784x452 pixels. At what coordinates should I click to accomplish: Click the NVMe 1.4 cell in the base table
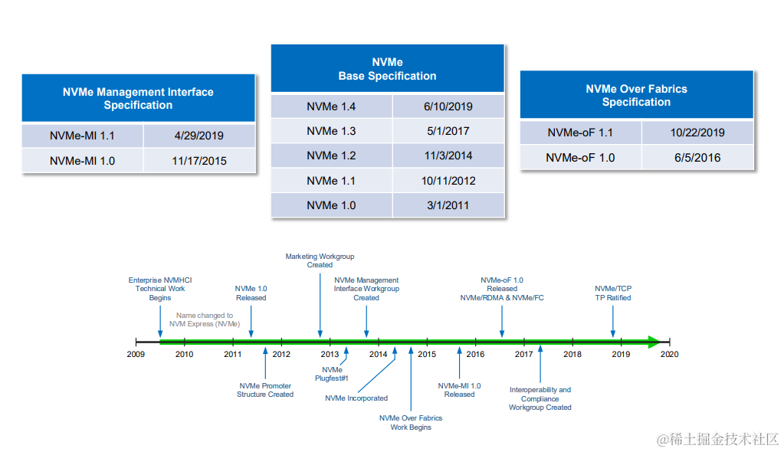click(331, 106)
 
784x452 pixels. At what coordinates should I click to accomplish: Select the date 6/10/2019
click(448, 106)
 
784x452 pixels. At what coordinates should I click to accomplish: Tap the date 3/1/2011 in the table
click(448, 205)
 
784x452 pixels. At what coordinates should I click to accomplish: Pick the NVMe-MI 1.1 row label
click(82, 136)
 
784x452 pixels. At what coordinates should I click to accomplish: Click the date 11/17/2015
click(198, 161)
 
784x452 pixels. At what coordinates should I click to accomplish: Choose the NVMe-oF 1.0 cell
click(580, 157)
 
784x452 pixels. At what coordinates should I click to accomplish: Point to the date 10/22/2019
click(697, 132)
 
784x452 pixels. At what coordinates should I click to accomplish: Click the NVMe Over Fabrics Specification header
click(636, 96)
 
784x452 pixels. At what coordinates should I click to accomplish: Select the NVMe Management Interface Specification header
click(138, 99)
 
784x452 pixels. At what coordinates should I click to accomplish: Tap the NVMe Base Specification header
click(387, 69)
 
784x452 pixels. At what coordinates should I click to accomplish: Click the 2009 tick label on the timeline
click(136, 355)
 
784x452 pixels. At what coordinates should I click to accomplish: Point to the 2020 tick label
click(669, 355)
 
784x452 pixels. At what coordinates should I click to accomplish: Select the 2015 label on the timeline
click(427, 355)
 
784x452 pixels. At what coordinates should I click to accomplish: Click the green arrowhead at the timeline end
click(653, 342)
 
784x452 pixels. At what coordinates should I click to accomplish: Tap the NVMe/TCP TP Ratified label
click(613, 293)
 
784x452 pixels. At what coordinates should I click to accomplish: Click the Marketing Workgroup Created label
click(320, 260)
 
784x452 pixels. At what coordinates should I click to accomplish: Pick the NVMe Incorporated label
click(356, 398)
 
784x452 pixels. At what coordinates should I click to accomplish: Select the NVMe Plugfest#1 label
click(332, 374)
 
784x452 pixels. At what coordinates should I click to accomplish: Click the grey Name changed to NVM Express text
click(205, 319)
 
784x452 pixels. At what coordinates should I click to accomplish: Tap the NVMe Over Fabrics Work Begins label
click(411, 423)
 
